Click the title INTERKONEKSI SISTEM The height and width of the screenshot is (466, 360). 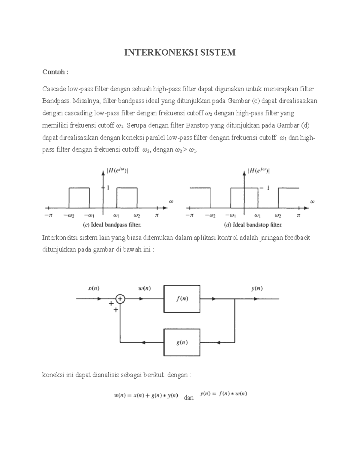180,53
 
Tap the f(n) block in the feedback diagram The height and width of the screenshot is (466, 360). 182,299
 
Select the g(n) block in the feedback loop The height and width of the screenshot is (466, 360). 182,342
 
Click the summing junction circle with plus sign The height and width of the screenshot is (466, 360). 120,299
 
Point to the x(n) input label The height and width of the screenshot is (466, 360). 94,289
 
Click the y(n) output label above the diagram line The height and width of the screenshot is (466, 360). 257,289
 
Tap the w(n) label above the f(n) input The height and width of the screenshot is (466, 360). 144,289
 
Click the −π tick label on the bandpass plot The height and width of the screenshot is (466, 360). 48,215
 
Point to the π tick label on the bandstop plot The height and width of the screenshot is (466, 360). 298,215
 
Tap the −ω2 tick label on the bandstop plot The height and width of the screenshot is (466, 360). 210,215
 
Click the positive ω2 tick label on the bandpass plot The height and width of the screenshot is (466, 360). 137,215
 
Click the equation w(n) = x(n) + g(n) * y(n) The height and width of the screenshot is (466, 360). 146,395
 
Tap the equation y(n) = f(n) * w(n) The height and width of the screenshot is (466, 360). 224,394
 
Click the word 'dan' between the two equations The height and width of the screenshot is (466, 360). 189,398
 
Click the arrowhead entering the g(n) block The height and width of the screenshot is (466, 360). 218,342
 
